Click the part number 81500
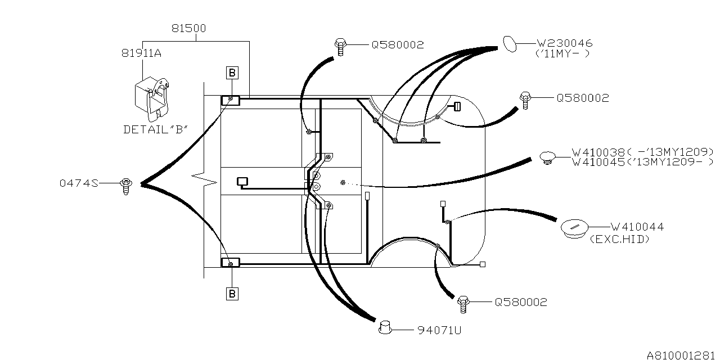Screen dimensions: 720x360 (188, 28)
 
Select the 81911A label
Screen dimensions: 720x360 (141, 53)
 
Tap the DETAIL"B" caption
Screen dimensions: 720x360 (156, 129)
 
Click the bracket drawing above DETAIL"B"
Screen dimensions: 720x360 (152, 96)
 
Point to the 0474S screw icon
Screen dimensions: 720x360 (126, 186)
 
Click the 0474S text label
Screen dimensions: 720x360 (79, 183)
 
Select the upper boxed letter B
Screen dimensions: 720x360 (232, 73)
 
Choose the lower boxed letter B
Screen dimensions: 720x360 (232, 294)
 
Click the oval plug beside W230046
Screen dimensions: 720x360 (510, 44)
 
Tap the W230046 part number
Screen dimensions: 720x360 (565, 43)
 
